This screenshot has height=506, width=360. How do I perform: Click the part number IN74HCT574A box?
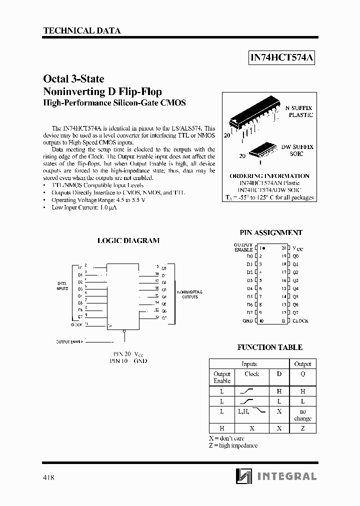[x=282, y=58]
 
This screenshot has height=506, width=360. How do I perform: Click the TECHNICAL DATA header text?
[x=82, y=31]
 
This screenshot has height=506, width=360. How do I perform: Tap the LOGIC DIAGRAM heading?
[x=128, y=240]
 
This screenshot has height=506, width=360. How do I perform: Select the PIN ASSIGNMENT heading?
[x=271, y=232]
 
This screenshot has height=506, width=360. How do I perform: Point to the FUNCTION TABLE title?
[x=269, y=347]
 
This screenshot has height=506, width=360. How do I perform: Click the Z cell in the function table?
[x=302, y=428]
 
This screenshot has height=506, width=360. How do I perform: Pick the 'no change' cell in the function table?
[x=302, y=414]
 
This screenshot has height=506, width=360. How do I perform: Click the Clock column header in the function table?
[x=252, y=374]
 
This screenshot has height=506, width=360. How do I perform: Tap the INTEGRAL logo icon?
[x=243, y=476]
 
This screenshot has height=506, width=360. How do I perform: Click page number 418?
[x=48, y=477]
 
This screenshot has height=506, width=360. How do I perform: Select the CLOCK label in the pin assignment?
[x=300, y=321]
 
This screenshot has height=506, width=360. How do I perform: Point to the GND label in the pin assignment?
[x=247, y=321]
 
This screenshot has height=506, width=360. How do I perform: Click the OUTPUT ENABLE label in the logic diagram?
[x=69, y=341]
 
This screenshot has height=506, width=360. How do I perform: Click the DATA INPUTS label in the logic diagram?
[x=62, y=286]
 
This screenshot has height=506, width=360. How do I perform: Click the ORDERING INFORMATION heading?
[x=269, y=176]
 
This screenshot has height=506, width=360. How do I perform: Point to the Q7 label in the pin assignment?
[x=295, y=312]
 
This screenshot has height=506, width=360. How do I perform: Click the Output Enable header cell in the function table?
[x=222, y=377]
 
